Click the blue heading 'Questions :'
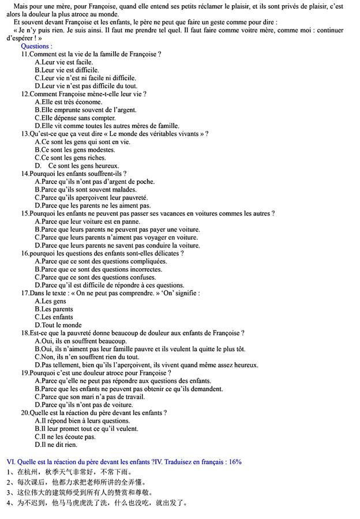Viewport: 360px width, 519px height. click(x=36, y=46)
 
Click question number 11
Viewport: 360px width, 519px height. click(x=25, y=54)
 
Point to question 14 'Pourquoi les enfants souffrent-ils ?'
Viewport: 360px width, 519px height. click(x=74, y=174)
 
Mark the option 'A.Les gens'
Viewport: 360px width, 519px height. click(x=51, y=301)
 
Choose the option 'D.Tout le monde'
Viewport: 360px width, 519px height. click(x=58, y=325)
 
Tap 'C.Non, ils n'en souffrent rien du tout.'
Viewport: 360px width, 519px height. click(x=87, y=357)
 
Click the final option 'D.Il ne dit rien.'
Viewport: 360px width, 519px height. click(x=56, y=445)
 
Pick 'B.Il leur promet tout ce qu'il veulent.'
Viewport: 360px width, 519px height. click(x=87, y=429)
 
